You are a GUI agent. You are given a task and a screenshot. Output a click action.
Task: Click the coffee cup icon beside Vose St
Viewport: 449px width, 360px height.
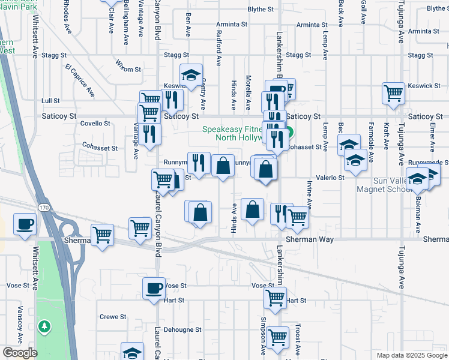click(153, 287)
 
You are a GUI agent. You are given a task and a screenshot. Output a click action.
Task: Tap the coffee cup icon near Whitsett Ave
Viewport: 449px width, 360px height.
click(25, 224)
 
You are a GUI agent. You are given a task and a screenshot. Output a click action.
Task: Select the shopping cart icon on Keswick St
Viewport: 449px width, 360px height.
click(393, 92)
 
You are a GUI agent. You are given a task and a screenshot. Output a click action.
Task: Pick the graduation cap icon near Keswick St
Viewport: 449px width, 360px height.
click(191, 75)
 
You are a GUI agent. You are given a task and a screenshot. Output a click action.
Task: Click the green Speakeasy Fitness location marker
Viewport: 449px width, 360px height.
click(289, 133)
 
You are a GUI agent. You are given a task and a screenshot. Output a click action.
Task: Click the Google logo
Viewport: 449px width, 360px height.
click(20, 353)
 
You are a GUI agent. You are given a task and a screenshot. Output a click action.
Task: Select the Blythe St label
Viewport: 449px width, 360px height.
click(260, 10)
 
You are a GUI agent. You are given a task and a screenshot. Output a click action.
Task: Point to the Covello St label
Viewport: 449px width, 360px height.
click(95, 124)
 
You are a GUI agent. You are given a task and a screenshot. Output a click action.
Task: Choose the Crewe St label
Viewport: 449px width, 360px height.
click(113, 316)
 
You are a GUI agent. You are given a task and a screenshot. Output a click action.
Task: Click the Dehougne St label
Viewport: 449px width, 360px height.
click(182, 329)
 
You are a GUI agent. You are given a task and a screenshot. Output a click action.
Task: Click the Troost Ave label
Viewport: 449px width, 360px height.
click(298, 338)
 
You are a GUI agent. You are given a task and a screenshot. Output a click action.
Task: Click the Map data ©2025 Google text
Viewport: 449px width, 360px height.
click(411, 355)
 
